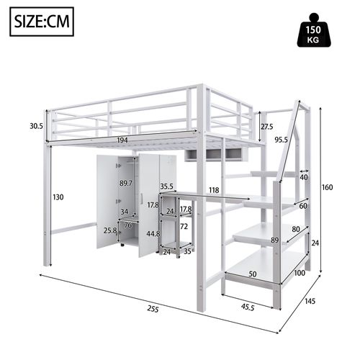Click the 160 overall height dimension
tap(328, 188)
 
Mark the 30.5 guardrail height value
tap(36, 125)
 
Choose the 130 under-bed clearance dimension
tap(60, 197)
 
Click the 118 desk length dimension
tap(214, 191)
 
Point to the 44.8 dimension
tap(153, 233)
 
